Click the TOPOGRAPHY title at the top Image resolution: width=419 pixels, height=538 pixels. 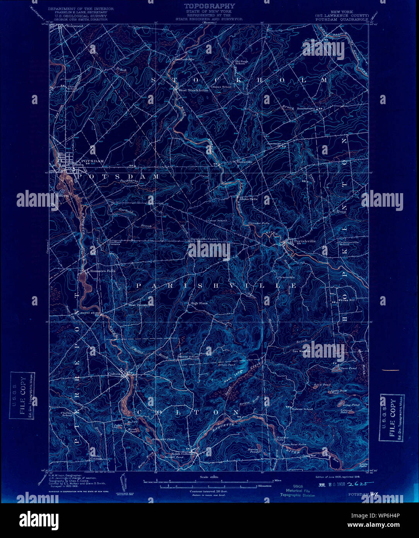click(x=209, y=6)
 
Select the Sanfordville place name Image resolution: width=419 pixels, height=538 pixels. click(x=184, y=59)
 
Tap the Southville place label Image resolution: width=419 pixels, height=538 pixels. click(x=245, y=162)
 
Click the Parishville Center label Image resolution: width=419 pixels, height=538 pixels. click(x=204, y=239)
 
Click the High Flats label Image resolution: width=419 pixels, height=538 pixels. click(x=199, y=303)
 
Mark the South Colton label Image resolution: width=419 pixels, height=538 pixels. click(x=182, y=454)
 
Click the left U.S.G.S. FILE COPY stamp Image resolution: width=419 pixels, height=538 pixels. click(x=22, y=396)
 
